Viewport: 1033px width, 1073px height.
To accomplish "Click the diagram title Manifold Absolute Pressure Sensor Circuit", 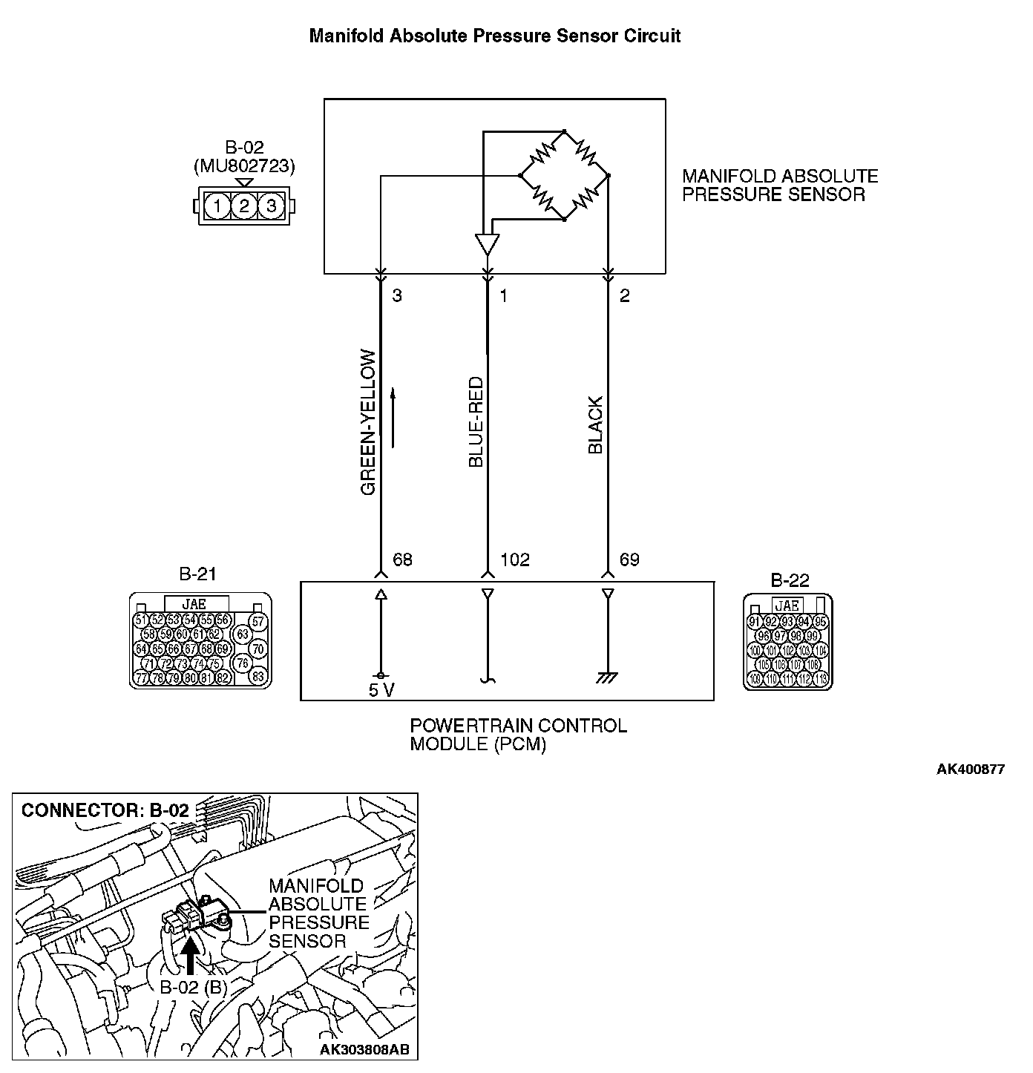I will (494, 36).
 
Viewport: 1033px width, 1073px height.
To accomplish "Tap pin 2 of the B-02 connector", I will (243, 206).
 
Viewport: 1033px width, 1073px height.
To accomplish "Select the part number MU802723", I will (243, 166).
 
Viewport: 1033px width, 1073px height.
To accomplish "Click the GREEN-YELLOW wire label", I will (368, 422).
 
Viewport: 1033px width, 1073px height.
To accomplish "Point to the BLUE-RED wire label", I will (476, 422).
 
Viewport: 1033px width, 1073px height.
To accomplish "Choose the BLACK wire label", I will (595, 424).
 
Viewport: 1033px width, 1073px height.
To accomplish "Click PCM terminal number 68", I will (402, 560).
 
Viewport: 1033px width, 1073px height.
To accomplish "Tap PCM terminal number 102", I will (515, 560).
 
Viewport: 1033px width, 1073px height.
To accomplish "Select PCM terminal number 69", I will (629, 560).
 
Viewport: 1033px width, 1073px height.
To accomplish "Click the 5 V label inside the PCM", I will (381, 690).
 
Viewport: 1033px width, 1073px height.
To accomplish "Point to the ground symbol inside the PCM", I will (608, 677).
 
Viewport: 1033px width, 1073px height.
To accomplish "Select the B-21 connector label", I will (198, 574).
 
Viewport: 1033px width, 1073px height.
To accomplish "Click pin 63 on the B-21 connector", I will (243, 634).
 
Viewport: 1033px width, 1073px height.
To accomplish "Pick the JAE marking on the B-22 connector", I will (787, 605).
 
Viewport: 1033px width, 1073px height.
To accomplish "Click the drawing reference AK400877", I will (970, 769).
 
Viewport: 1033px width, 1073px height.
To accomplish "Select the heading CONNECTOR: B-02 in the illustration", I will (105, 810).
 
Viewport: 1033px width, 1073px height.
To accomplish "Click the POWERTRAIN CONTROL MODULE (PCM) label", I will (518, 735).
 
